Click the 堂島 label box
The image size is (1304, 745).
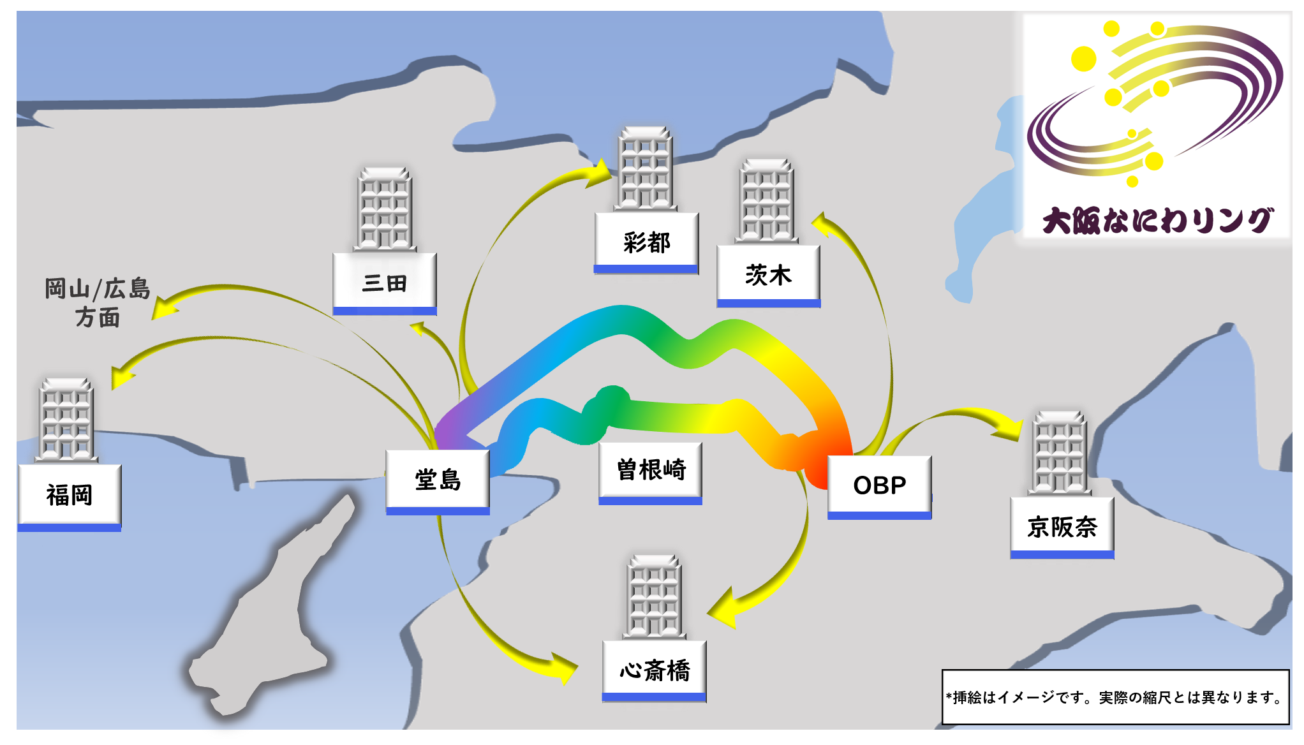(x=438, y=480)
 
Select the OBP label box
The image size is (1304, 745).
(x=879, y=486)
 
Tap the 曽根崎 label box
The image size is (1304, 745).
(x=651, y=471)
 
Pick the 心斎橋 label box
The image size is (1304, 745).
(x=655, y=670)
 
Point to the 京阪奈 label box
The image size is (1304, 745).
(x=1062, y=527)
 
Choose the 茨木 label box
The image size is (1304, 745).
(x=769, y=276)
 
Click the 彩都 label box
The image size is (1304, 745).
(x=646, y=242)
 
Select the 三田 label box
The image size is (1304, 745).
(x=385, y=283)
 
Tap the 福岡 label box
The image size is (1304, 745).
(x=70, y=496)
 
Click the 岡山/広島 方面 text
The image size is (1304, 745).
(x=97, y=302)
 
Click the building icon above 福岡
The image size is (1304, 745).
(x=66, y=419)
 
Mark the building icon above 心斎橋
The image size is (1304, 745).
(x=655, y=596)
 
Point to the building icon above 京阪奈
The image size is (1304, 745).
(x=1059, y=453)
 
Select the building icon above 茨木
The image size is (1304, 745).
(x=766, y=200)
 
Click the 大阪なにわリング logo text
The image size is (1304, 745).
(x=1157, y=221)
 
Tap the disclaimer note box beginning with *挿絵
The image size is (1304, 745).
(x=1115, y=697)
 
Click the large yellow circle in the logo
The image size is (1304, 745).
(x=1083, y=59)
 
